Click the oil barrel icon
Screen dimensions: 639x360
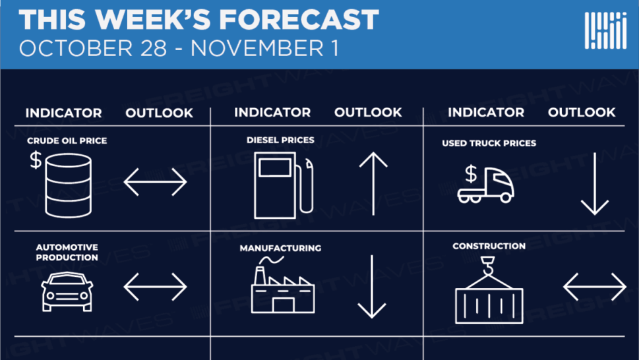pyautogui.click(x=68, y=185)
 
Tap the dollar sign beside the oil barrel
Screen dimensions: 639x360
pyautogui.click(x=36, y=160)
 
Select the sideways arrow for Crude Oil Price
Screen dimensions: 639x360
pyautogui.click(x=155, y=181)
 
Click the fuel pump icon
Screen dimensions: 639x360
pyautogui.click(x=284, y=185)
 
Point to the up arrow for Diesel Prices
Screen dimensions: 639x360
pyautogui.click(x=373, y=184)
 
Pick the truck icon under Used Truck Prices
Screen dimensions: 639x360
pyautogui.click(x=485, y=185)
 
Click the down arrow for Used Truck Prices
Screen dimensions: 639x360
pyautogui.click(x=595, y=184)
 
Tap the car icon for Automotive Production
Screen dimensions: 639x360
pyautogui.click(x=67, y=291)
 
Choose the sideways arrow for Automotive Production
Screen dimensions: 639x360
pyautogui.click(x=155, y=287)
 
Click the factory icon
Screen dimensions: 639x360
pyautogui.click(x=283, y=285)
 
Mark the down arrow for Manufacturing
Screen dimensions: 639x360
pyautogui.click(x=372, y=287)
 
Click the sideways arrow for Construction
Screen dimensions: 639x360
pyautogui.click(x=595, y=287)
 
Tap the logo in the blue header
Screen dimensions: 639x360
pyautogui.click(x=605, y=30)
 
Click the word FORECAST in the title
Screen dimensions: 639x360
pyautogui.click(x=299, y=19)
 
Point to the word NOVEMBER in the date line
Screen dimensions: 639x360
pyautogui.click(x=257, y=49)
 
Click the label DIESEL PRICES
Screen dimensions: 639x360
pyautogui.click(x=280, y=140)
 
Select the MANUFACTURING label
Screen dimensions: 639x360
pyautogui.click(x=280, y=248)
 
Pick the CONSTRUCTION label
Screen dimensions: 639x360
pyautogui.click(x=489, y=246)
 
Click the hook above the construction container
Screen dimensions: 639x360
pyautogui.click(x=488, y=266)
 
